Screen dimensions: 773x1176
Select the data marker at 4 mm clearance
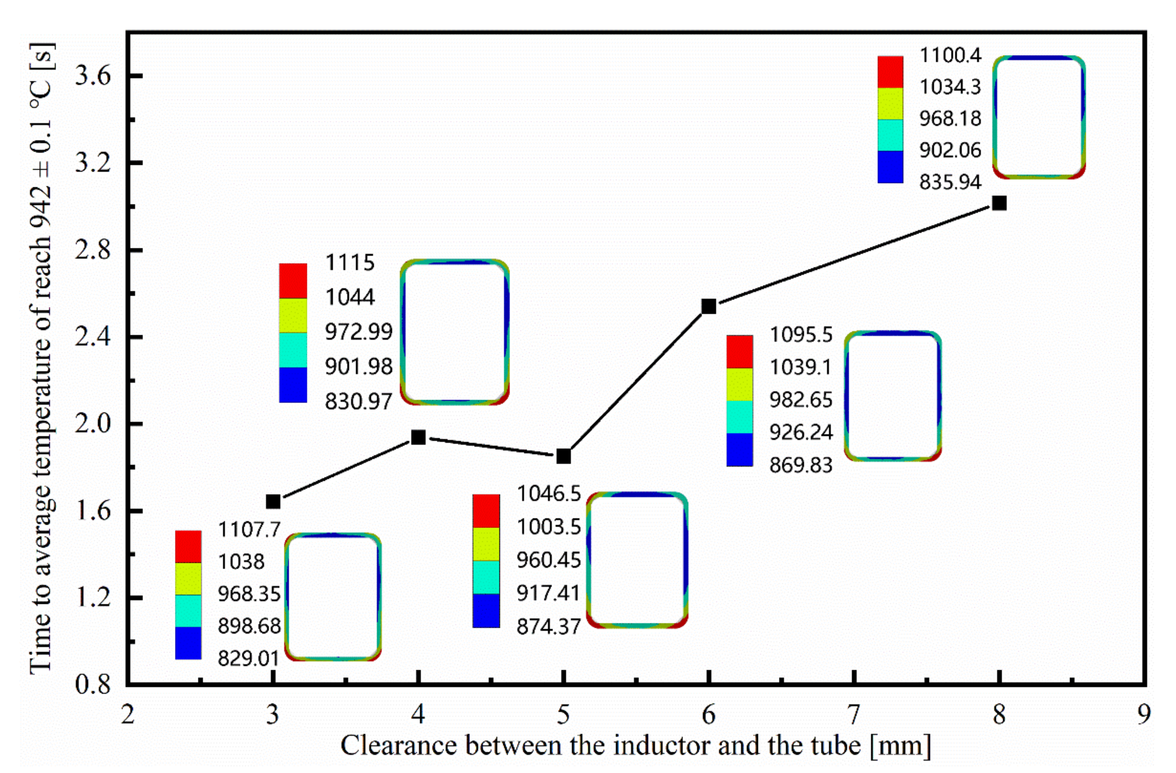(x=419, y=437)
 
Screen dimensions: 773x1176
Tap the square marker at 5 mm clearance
(x=564, y=456)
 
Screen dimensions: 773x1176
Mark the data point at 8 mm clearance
(x=999, y=203)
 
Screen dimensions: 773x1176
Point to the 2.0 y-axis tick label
(x=93, y=424)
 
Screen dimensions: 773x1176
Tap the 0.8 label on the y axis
(x=93, y=685)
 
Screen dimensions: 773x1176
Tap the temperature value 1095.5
(x=801, y=335)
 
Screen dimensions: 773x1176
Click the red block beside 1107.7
(x=188, y=547)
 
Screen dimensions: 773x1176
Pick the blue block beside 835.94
(x=890, y=167)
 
